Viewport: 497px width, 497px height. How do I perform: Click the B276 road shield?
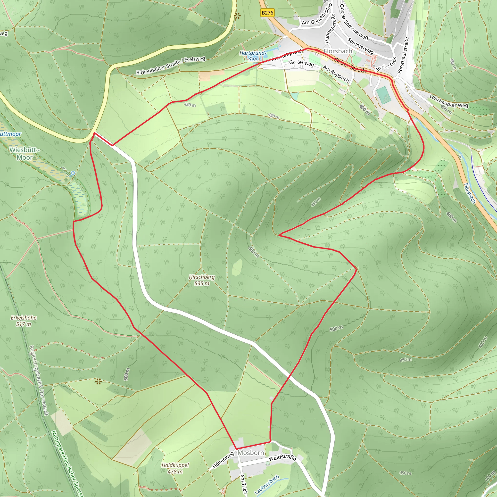pos(267,13)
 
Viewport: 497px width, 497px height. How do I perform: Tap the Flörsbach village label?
pos(338,51)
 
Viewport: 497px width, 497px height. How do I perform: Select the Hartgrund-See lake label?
pos(252,56)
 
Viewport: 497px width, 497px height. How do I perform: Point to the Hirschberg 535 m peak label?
pos(202,280)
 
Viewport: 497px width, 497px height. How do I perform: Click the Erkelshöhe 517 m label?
pos(23,321)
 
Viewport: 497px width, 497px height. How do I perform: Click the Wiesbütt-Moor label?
pos(25,154)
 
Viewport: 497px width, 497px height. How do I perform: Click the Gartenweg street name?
pos(301,63)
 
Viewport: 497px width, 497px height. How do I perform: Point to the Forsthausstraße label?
pos(403,55)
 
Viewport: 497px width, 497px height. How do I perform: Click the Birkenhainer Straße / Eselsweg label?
pos(171,66)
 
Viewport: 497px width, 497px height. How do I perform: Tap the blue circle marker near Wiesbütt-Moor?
pos(73,173)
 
